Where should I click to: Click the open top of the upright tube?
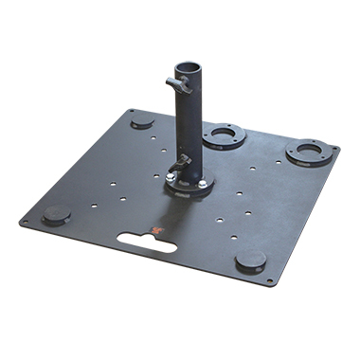pyautogui.click(x=188, y=68)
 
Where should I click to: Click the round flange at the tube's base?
pyautogui.click(x=189, y=184)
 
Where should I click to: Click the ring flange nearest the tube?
pyautogui.click(x=224, y=135)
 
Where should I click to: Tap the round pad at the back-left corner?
pyautogui.click(x=142, y=121)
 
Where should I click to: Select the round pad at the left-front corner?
pyautogui.click(x=56, y=214)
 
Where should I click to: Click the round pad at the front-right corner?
pyautogui.click(x=251, y=261)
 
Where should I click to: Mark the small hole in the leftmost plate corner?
pyautogui.click(x=25, y=224)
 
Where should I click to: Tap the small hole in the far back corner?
pyautogui.click(x=130, y=110)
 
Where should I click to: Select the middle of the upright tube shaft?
pyautogui.click(x=189, y=123)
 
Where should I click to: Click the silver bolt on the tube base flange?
pyautogui.click(x=171, y=176)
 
